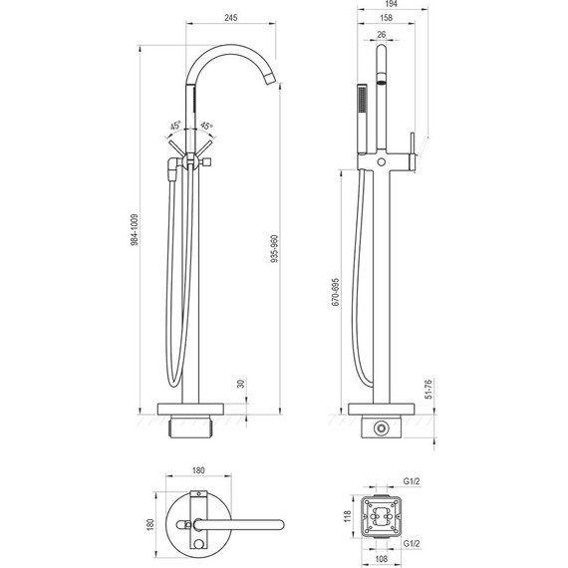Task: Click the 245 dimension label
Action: (231, 17)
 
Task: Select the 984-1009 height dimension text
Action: (135, 230)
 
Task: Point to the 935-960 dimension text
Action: (275, 248)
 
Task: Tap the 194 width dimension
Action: (392, 4)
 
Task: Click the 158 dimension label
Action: (387, 17)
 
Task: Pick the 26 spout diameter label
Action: (382, 35)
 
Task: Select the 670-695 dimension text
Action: (336, 292)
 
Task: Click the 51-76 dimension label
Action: (428, 390)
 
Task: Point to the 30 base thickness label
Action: (241, 384)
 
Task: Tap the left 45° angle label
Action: (175, 127)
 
